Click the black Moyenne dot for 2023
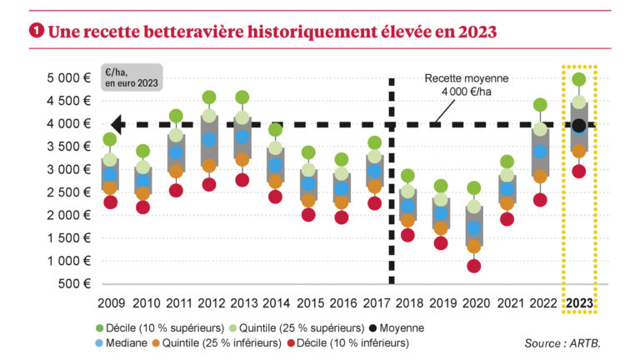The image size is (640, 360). pyautogui.click(x=578, y=126)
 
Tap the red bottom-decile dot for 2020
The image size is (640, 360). pyautogui.click(x=474, y=266)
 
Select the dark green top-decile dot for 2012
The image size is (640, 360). pyautogui.click(x=209, y=97)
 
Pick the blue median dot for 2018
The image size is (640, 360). pyautogui.click(x=407, y=206)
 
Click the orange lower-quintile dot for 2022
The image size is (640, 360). pyautogui.click(x=540, y=176)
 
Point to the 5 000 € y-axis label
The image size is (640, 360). pyautogui.click(x=71, y=78)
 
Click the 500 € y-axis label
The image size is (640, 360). pyautogui.click(x=76, y=284)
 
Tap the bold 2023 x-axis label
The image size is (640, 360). pyautogui.click(x=578, y=302)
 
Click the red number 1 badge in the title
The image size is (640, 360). pyautogui.click(x=36, y=31)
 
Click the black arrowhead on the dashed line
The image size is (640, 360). pyautogui.click(x=117, y=125)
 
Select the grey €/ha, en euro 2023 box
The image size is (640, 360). pyautogui.click(x=131, y=77)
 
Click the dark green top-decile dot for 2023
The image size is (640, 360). pyautogui.click(x=578, y=80)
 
